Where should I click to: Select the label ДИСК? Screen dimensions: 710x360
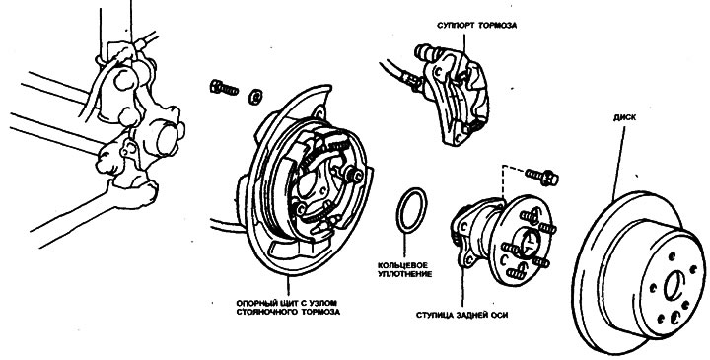point(624,117)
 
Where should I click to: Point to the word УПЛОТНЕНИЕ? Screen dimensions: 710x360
point(404,274)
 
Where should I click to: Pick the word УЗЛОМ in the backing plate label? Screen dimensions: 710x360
point(326,302)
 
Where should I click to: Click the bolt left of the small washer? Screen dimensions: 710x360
point(224,88)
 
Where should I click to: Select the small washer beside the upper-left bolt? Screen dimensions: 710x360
point(256,97)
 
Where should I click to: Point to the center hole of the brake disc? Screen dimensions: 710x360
point(673,285)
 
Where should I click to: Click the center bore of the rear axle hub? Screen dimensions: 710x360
point(528,242)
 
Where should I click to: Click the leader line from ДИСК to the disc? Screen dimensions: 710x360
point(619,164)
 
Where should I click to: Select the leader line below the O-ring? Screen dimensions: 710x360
point(404,246)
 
